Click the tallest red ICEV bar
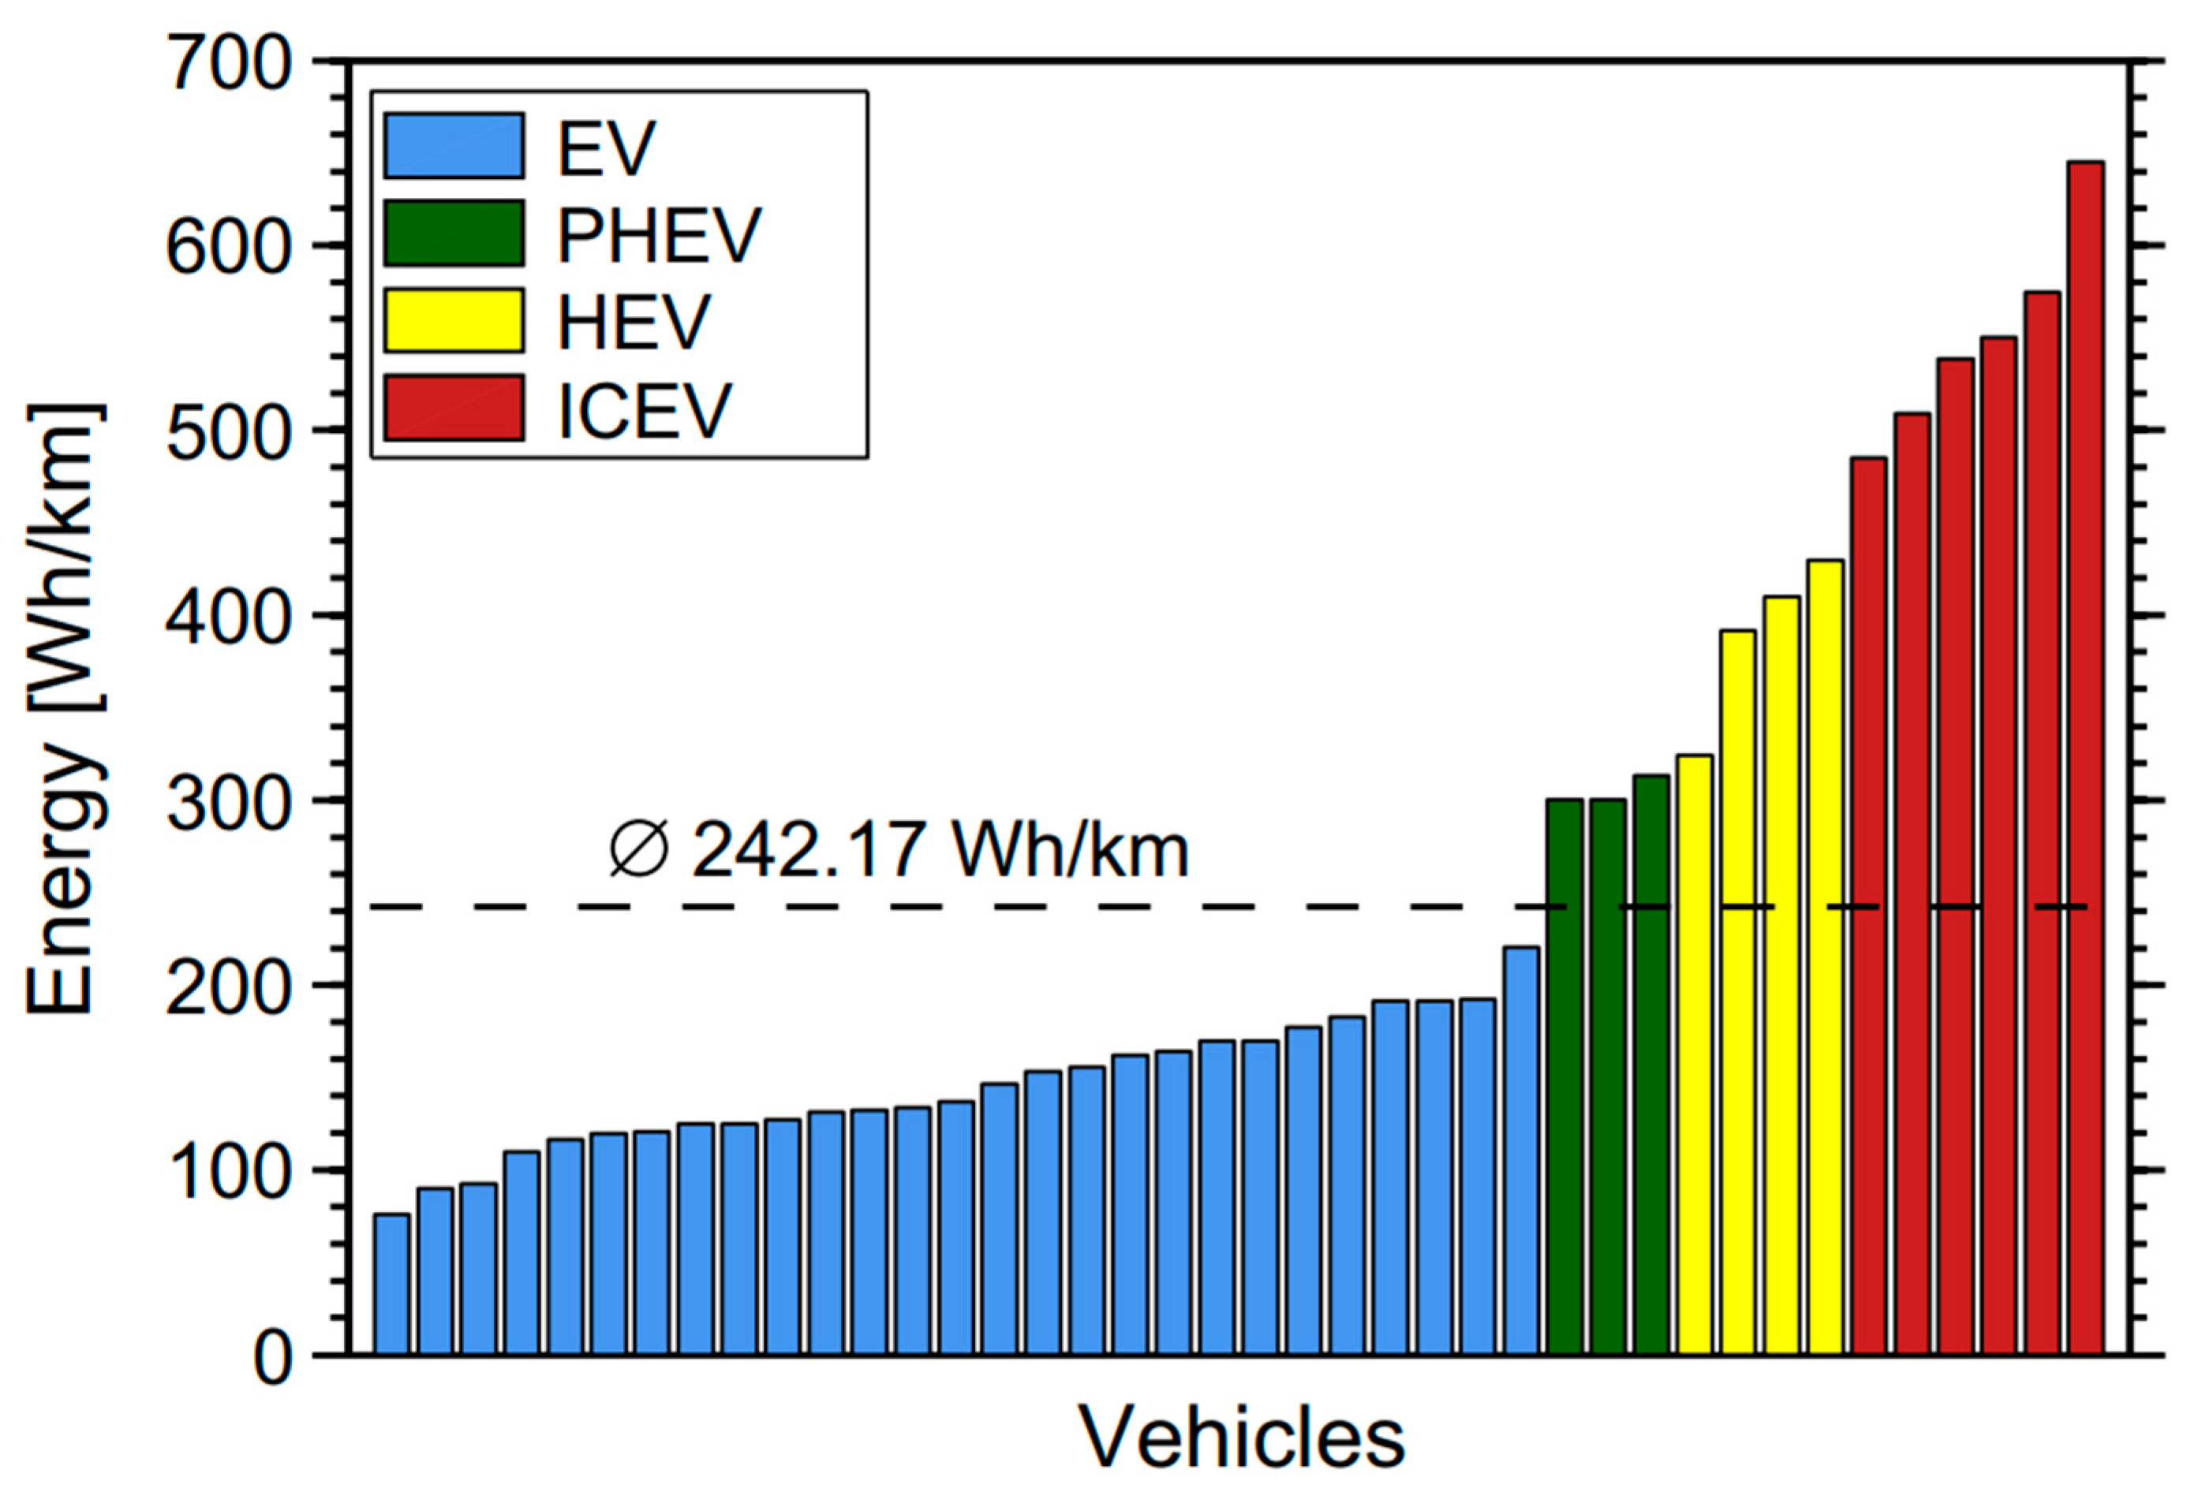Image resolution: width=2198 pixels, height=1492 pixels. coord(2085,756)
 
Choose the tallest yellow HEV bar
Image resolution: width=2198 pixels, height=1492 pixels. coord(1824,956)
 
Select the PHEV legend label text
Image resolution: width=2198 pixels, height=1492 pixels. coord(660,233)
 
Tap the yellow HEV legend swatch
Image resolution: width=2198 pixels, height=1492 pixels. coord(454,320)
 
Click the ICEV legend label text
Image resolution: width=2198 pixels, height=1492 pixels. coord(645,409)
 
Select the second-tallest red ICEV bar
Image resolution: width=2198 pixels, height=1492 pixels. coord(2042,822)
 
